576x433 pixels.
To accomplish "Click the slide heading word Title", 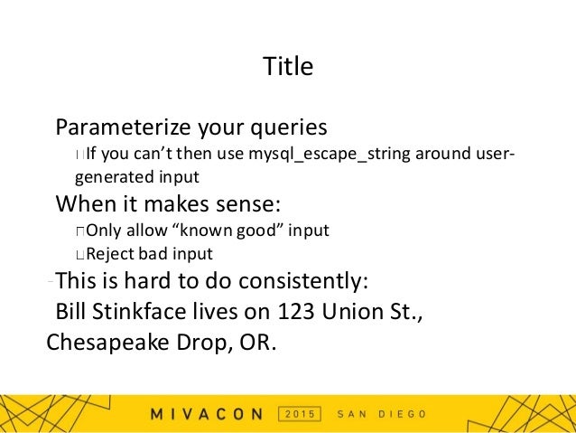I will tap(287, 67).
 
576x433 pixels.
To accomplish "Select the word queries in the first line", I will tap(290, 127).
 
